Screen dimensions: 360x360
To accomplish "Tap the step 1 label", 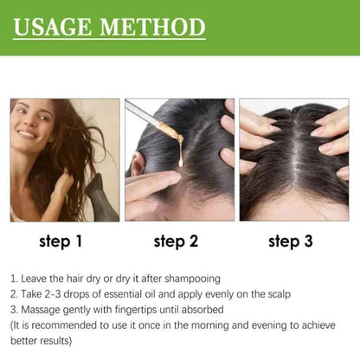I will [x=59, y=241].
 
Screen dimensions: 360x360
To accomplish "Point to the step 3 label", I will [x=292, y=241].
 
